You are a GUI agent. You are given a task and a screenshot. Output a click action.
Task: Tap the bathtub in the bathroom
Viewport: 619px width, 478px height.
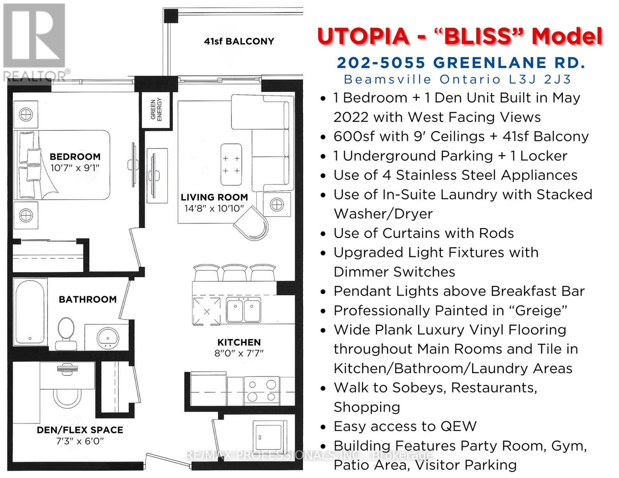tap(30, 312)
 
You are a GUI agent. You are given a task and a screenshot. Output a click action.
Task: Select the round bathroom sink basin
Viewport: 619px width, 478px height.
tap(108, 337)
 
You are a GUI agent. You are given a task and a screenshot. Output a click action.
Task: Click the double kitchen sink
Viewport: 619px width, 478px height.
tap(243, 310)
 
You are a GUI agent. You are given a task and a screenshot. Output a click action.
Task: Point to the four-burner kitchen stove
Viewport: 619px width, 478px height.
tap(262, 390)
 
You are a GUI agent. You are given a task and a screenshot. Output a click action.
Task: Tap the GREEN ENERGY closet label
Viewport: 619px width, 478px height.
tap(156, 110)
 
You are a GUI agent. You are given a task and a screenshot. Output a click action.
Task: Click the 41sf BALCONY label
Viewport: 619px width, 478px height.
tap(239, 41)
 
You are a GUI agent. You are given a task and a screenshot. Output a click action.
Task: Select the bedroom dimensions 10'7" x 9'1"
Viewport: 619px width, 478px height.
tap(75, 168)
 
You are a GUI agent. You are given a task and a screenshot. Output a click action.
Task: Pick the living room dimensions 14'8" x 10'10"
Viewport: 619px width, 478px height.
tap(214, 208)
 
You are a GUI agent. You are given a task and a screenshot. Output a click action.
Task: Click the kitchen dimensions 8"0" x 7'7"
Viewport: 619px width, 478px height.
tap(239, 353)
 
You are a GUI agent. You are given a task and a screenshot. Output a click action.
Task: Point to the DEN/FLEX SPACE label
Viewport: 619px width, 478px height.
tap(80, 430)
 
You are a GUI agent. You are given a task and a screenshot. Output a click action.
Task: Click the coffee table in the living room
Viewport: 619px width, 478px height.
tap(231, 165)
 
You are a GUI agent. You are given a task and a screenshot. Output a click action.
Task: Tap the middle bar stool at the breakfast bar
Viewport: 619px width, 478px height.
tap(235, 273)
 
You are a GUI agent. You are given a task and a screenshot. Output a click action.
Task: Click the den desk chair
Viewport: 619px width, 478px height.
tap(67, 396)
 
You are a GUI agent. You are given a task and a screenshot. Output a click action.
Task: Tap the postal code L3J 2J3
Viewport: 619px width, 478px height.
tap(540, 80)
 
